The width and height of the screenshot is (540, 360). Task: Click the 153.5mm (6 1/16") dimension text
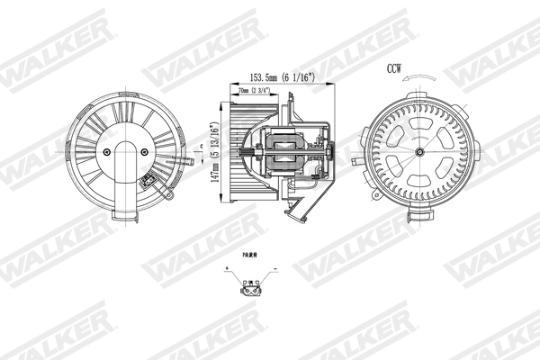(269, 77)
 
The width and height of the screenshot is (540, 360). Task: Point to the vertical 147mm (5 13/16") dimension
(214, 153)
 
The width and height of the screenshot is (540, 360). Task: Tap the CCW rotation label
(394, 68)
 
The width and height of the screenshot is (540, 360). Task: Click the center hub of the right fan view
(418, 153)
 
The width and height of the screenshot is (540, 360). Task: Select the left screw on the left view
(107, 152)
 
